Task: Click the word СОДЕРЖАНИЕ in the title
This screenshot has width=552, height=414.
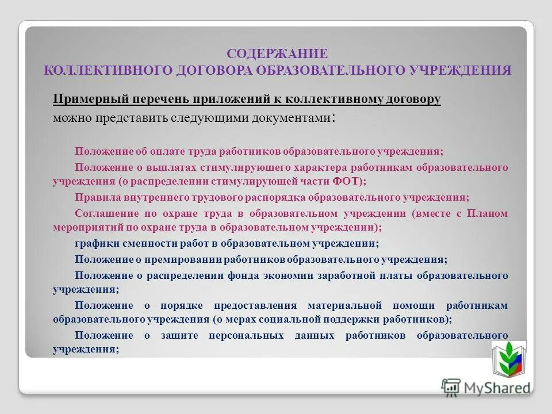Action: [x=277, y=54]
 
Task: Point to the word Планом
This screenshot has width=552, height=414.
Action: [x=488, y=213]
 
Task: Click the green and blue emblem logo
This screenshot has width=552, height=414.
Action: [x=508, y=358]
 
